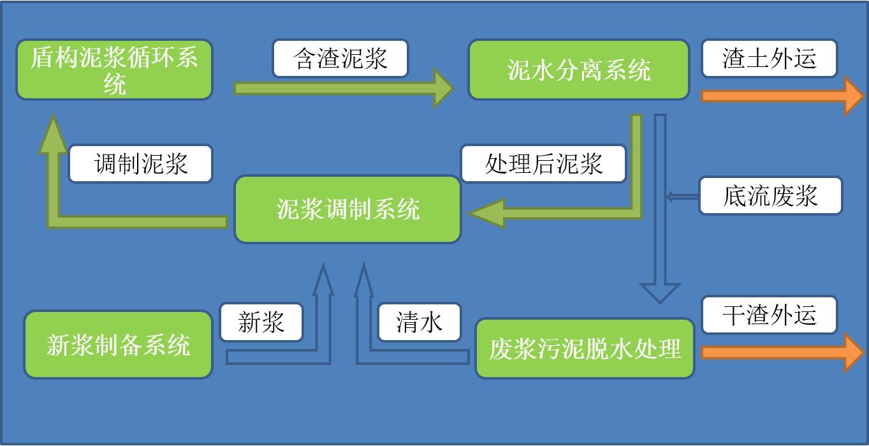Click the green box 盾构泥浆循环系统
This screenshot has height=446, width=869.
(x=115, y=70)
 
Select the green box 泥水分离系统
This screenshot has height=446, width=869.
(x=578, y=70)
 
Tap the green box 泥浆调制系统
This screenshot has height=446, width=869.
(x=347, y=210)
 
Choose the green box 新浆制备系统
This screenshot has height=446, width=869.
(x=118, y=345)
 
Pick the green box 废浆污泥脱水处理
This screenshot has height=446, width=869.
(x=585, y=348)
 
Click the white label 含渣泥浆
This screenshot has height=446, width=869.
(x=340, y=58)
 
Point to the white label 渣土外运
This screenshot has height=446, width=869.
(x=770, y=58)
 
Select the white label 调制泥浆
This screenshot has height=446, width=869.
(x=141, y=163)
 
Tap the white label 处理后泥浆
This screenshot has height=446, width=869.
(x=543, y=163)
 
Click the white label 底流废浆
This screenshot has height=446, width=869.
(x=771, y=196)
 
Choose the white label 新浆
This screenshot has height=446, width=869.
(x=261, y=322)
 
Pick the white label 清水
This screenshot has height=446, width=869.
(x=420, y=322)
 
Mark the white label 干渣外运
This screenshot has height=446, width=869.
(x=770, y=315)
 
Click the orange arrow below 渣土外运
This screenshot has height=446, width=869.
(x=782, y=96)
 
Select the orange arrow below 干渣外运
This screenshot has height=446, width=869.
(x=782, y=352)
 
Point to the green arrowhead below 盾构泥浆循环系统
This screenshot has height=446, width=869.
(x=53, y=134)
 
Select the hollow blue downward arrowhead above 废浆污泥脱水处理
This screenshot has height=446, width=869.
(x=660, y=293)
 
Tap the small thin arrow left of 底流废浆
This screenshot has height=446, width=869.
(x=683, y=197)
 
